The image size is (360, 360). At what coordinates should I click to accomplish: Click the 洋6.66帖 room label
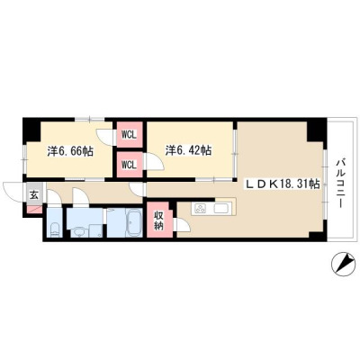pyautogui.click(x=70, y=151)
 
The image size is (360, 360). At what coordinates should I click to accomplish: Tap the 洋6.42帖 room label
pyautogui.click(x=188, y=150)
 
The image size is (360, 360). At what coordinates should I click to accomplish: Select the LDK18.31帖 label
pyautogui.click(x=283, y=184)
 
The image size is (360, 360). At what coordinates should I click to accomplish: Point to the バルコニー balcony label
pyautogui.click(x=340, y=184)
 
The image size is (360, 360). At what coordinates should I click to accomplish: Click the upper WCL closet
pyautogui.click(x=130, y=134)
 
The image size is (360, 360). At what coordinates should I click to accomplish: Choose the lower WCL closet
pyautogui.click(x=129, y=165)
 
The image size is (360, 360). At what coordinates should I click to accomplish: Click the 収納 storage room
pyautogui.click(x=159, y=220)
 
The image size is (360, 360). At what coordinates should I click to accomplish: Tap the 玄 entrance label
pyautogui.click(x=34, y=195)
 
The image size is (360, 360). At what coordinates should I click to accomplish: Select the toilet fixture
pyautogui.click(x=55, y=229)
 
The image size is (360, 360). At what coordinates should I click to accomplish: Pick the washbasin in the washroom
pyautogui.click(x=79, y=232)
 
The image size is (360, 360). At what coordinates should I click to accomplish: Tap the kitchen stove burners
pyautogui.click(x=200, y=208)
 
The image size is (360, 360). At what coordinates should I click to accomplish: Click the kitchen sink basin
pyautogui.click(x=221, y=208)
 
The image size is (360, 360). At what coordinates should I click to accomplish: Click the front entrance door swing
pyautogui.click(x=13, y=192)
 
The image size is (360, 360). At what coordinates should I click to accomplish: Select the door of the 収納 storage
pyautogui.click(x=183, y=224)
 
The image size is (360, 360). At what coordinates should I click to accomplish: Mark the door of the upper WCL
pyautogui.click(x=105, y=137)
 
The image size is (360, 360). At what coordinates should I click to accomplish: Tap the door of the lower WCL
pyautogui.click(x=154, y=161)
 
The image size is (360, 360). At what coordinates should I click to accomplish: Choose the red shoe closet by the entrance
pyautogui.click(x=33, y=210)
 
